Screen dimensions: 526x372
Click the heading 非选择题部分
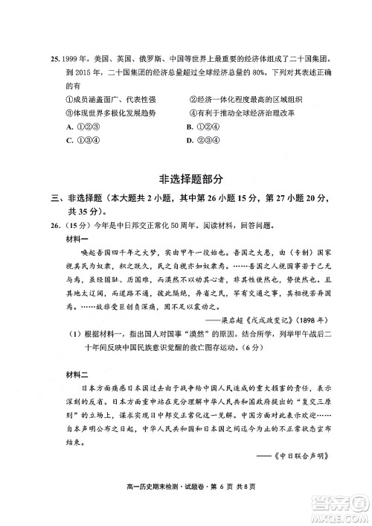(x=191, y=180)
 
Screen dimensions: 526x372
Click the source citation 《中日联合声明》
(x=296, y=455)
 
